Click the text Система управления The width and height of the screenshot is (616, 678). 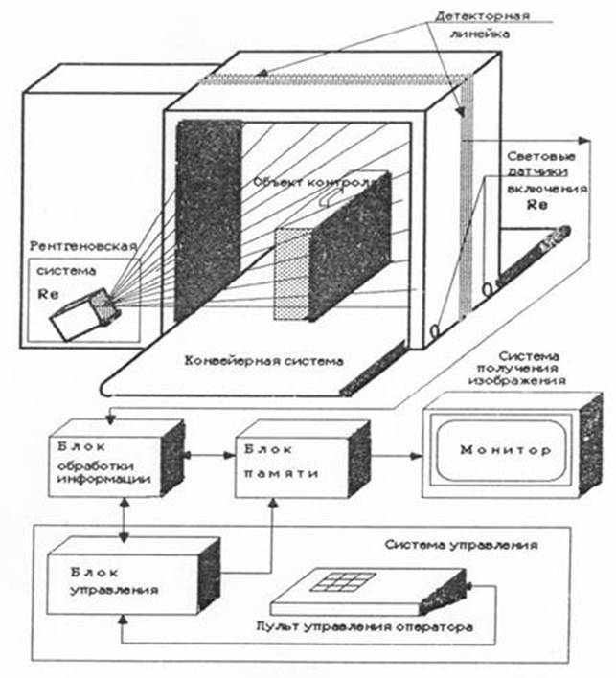pos(460,544)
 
